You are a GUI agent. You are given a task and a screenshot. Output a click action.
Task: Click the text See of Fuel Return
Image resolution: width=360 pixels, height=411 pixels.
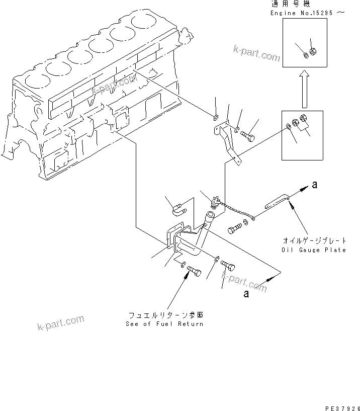coord(164,324)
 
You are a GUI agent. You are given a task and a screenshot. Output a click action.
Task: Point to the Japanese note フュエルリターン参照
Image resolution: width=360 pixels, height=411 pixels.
coord(165,315)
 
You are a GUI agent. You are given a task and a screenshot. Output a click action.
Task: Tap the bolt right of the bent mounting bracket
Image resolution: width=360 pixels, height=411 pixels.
coord(247,135)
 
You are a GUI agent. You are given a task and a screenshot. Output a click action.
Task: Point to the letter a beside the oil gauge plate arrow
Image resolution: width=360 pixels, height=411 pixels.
coord(315,185)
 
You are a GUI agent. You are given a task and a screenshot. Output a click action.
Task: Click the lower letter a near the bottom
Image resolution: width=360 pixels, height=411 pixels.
coord(246,294)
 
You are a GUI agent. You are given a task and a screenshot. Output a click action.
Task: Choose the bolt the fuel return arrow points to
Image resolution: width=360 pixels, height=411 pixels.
coord(194,273)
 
